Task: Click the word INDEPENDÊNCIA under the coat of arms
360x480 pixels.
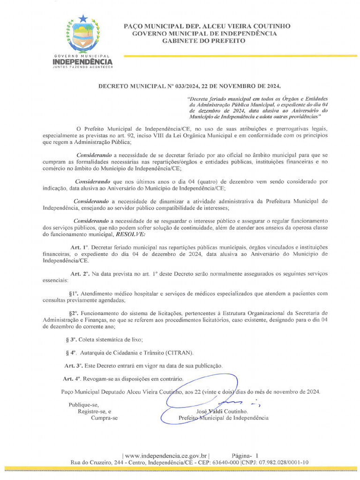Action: pyautogui.click(x=82, y=61)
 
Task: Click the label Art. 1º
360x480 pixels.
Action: pyautogui.click(x=79, y=247)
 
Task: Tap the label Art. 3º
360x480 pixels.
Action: pyautogui.click(x=73, y=365)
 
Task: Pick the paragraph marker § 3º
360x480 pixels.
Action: pyautogui.click(x=72, y=339)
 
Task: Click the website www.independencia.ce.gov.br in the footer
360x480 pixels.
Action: pyautogui.click(x=165, y=455)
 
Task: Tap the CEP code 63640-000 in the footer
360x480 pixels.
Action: pyautogui.click(x=225, y=462)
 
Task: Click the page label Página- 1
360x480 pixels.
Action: pyautogui.click(x=245, y=455)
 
